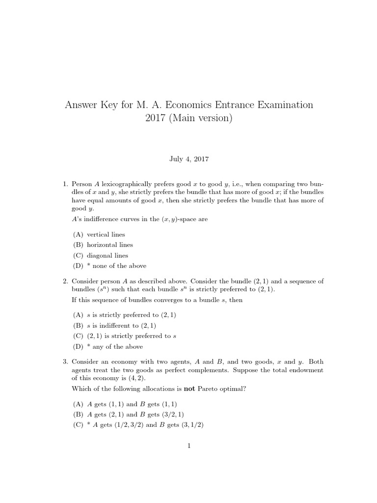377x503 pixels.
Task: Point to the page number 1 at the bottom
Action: pyautogui.click(x=188, y=446)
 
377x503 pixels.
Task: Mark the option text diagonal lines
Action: pyautogui.click(x=108, y=255)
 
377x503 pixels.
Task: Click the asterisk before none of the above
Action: pyautogui.click(x=88, y=266)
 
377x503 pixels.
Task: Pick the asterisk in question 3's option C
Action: pyautogui.click(x=88, y=426)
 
